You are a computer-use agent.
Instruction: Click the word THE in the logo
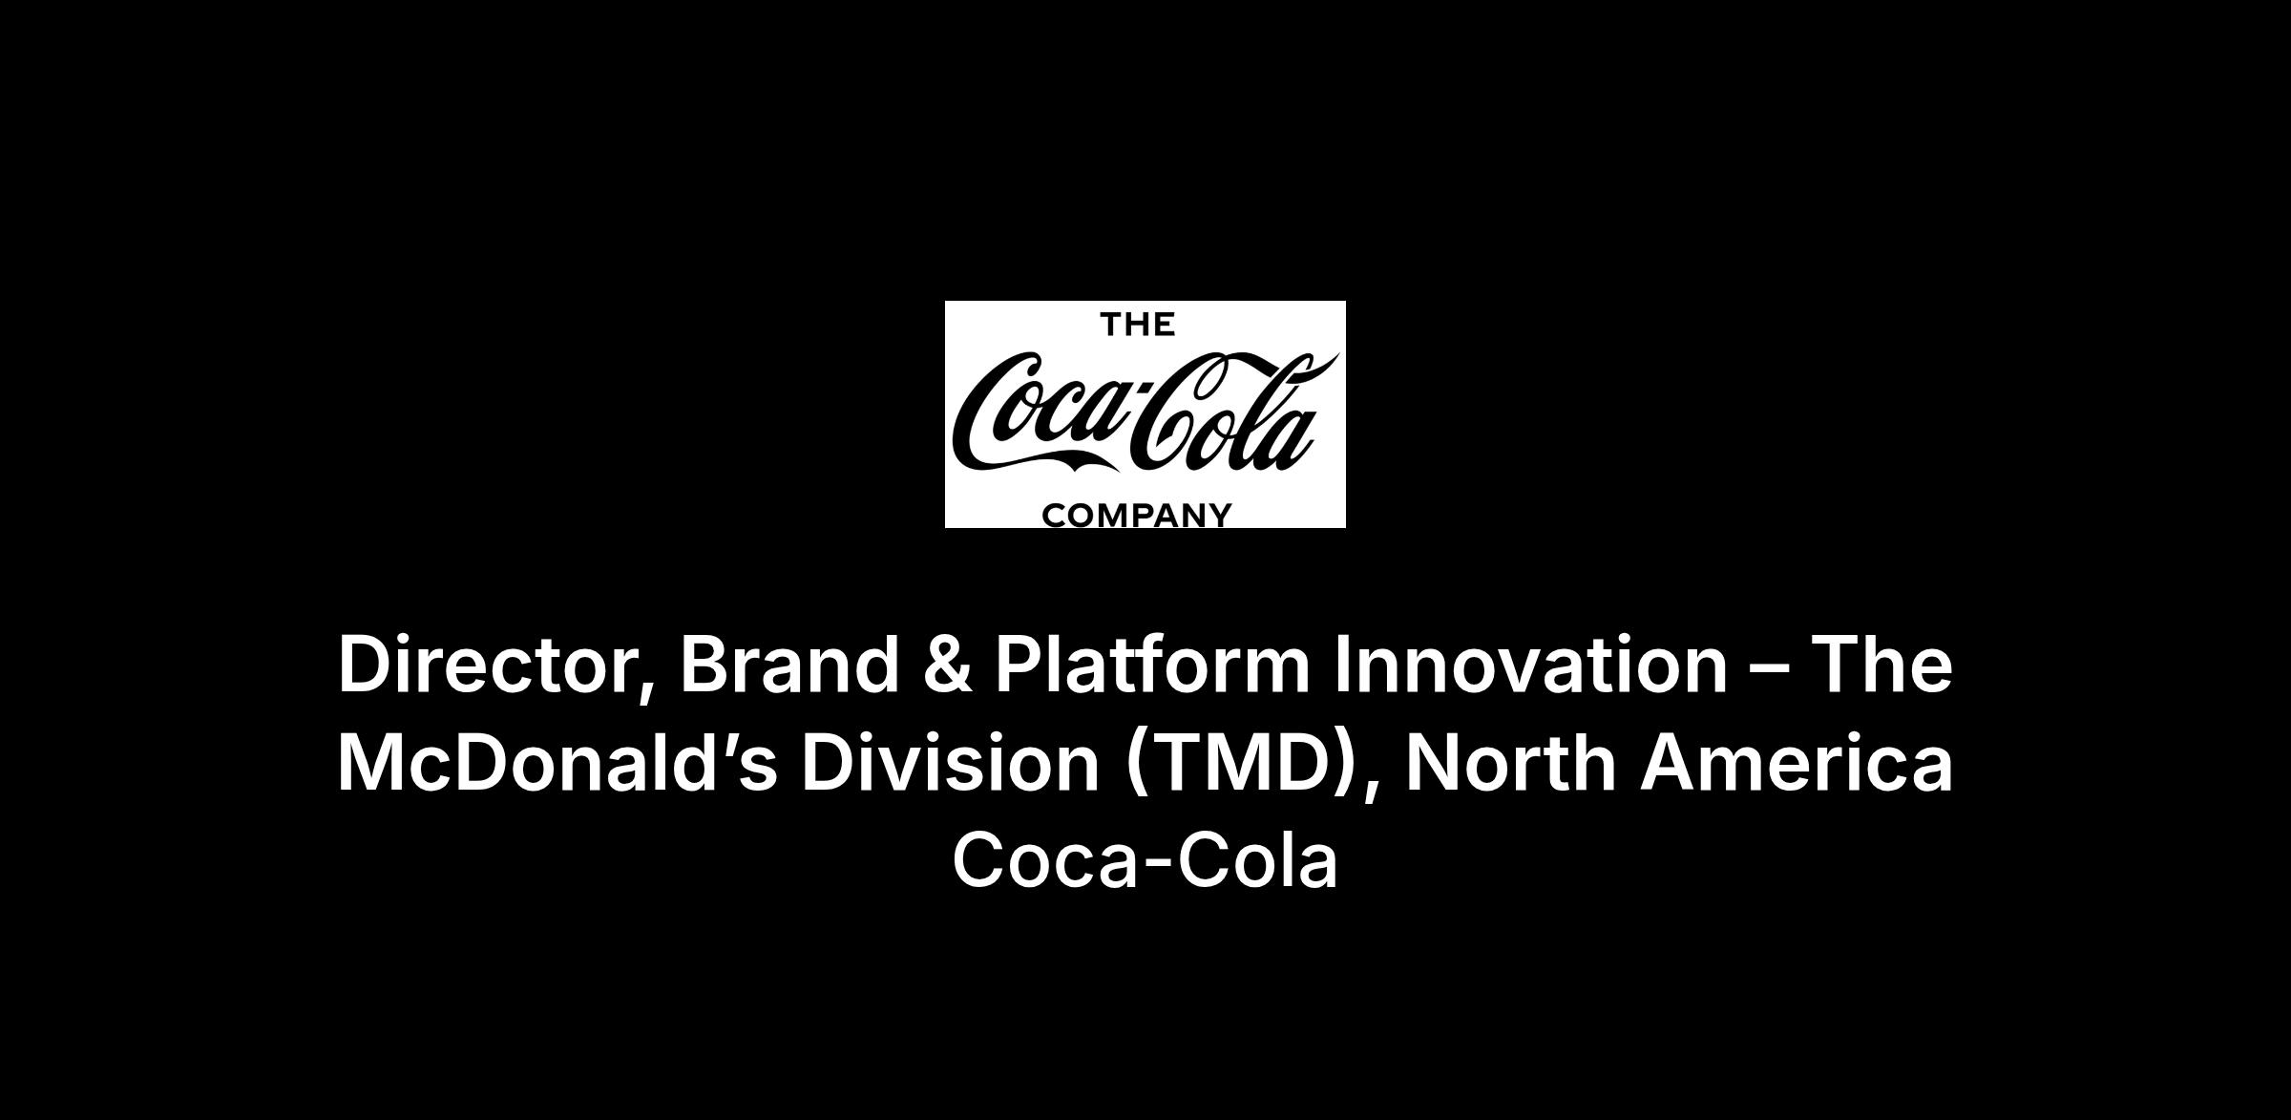1138,325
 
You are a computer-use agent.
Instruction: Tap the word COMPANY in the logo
1137,516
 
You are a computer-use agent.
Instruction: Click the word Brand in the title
789,665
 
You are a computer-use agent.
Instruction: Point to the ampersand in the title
948,665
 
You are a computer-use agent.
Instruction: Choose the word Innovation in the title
1530,665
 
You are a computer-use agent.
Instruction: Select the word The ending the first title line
1882,665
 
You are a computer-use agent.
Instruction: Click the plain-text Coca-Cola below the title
1145,860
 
